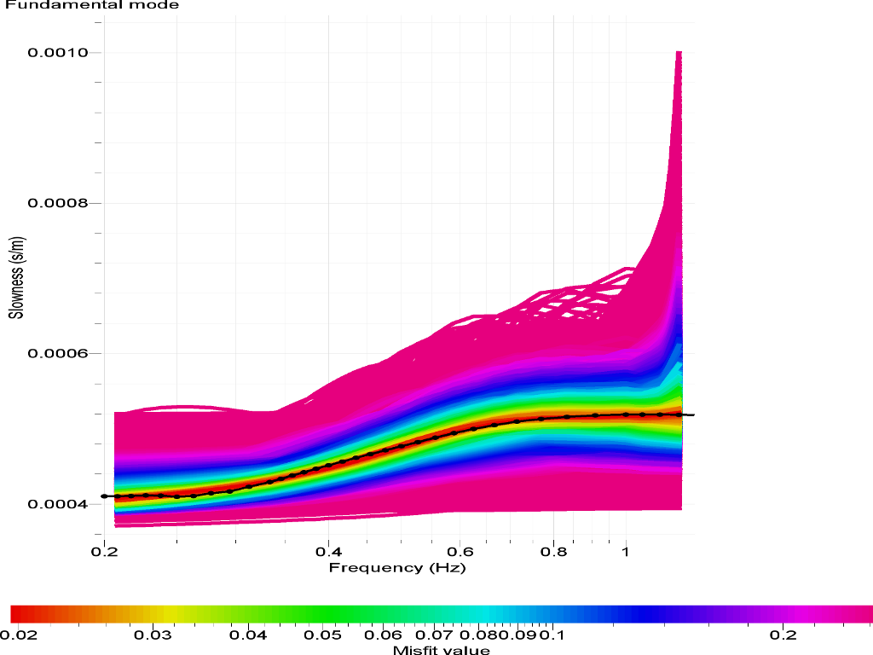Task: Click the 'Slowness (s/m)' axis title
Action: click(x=15, y=280)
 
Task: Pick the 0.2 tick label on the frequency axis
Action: click(x=104, y=552)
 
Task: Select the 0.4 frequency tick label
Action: click(x=328, y=552)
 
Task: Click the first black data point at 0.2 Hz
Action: click(x=104, y=496)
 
